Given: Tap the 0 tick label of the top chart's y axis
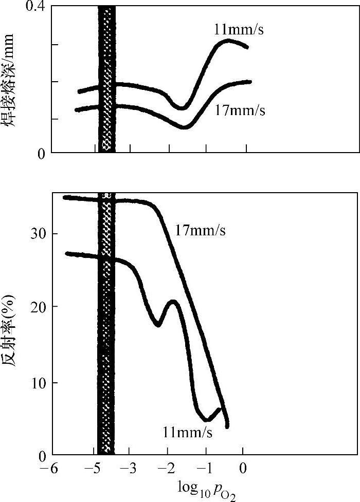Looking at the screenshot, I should point(41,153).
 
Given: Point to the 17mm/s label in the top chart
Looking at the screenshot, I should point(240,110).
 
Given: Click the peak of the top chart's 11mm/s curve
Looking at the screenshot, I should point(228,41).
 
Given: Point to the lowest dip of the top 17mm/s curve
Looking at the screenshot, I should point(185,126).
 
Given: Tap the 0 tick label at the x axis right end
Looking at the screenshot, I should point(243,469).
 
